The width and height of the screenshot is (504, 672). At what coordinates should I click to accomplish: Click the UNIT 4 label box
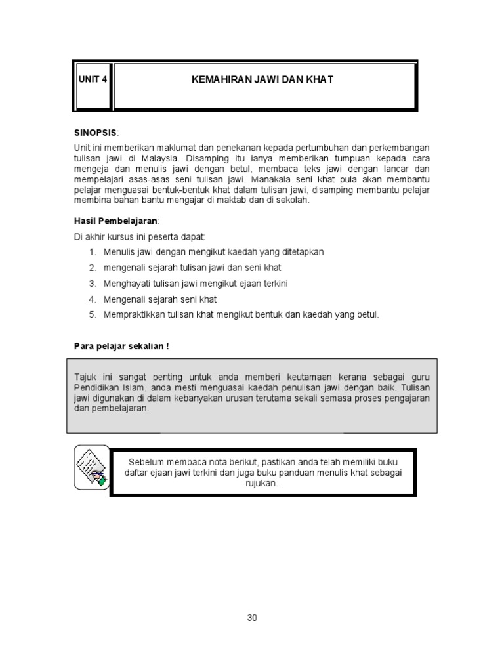point(92,79)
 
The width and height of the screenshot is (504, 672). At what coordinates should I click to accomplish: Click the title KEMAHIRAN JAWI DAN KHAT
point(262,79)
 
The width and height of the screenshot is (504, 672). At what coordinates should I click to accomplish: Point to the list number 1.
point(93,252)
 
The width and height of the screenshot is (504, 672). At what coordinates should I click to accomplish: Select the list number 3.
point(93,283)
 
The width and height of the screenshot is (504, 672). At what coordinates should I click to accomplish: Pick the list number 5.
point(93,315)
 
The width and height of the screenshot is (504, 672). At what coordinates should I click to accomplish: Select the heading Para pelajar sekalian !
point(121,346)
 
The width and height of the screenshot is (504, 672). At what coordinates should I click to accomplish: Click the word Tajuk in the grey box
point(85,377)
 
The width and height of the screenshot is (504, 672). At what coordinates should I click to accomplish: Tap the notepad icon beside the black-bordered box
point(91,466)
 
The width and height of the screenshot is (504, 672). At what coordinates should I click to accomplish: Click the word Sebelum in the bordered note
point(146,461)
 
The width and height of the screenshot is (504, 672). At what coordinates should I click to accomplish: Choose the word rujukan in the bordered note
point(263,483)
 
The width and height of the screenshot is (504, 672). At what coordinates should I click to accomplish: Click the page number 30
point(252,618)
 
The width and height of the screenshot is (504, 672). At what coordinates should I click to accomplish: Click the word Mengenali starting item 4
point(124,299)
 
